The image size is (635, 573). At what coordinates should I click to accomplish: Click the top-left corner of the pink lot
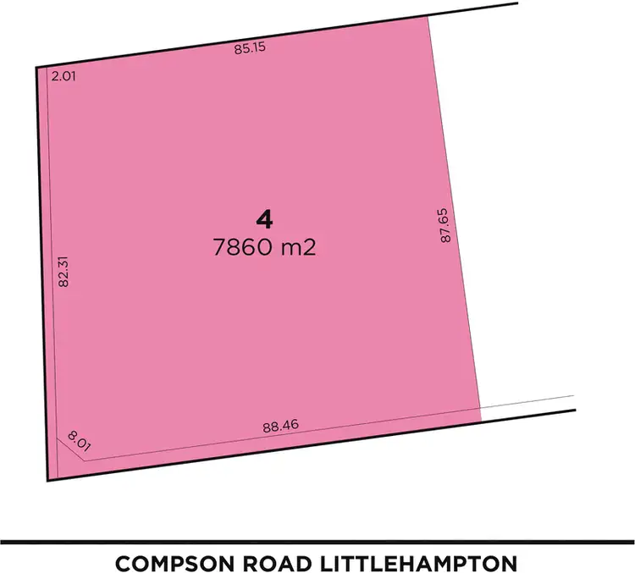pyautogui.click(x=37, y=68)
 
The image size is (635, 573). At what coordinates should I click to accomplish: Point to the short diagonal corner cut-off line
pyautogui.click(x=72, y=449)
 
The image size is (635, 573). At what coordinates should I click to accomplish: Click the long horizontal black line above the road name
pyautogui.click(x=317, y=542)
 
